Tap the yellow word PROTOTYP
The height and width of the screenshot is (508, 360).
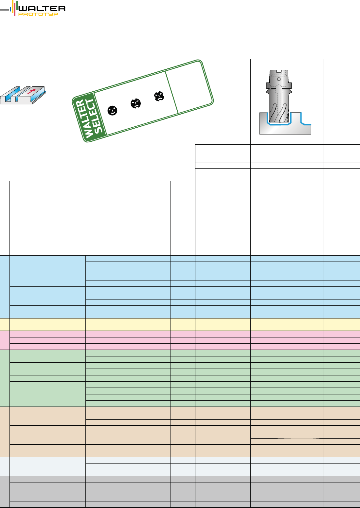point(38,14)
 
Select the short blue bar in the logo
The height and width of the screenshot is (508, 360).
point(11,9)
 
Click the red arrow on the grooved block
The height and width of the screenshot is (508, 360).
point(31,91)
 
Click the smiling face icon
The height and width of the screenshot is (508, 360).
point(112,111)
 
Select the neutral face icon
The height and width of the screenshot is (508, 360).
point(135,103)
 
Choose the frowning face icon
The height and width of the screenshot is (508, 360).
point(159,96)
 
